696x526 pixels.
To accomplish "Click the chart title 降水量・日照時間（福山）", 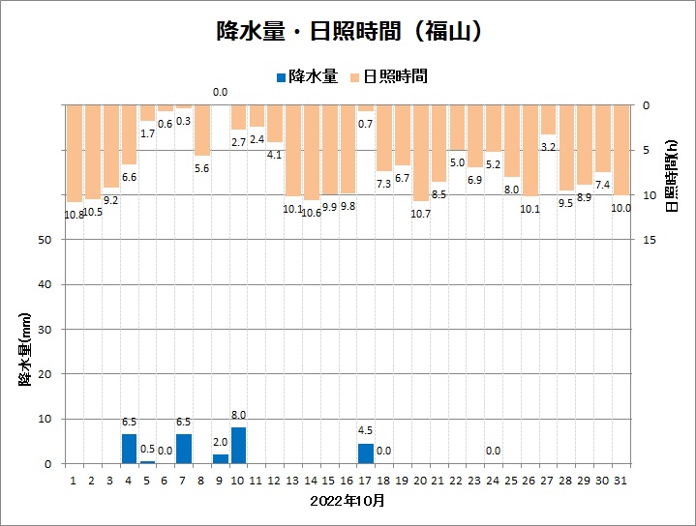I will (348, 31).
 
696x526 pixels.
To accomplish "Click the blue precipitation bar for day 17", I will (365, 453).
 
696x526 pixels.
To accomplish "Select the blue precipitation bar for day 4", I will (129, 449).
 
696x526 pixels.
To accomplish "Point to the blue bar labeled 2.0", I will (220, 458).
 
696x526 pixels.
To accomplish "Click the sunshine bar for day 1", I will (74, 153).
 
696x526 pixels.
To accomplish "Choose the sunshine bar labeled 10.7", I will (420, 153).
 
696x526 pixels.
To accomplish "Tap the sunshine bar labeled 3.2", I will (548, 119).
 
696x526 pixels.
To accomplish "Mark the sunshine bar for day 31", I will (620, 150).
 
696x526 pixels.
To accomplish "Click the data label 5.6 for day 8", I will (201, 168).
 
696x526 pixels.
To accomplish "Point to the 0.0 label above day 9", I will (220, 93).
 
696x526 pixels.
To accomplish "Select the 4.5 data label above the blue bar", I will (365, 431).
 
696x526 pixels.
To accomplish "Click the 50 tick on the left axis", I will (45, 240).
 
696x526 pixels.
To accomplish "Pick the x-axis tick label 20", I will (420, 479).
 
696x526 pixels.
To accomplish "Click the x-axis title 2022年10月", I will (348, 501).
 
